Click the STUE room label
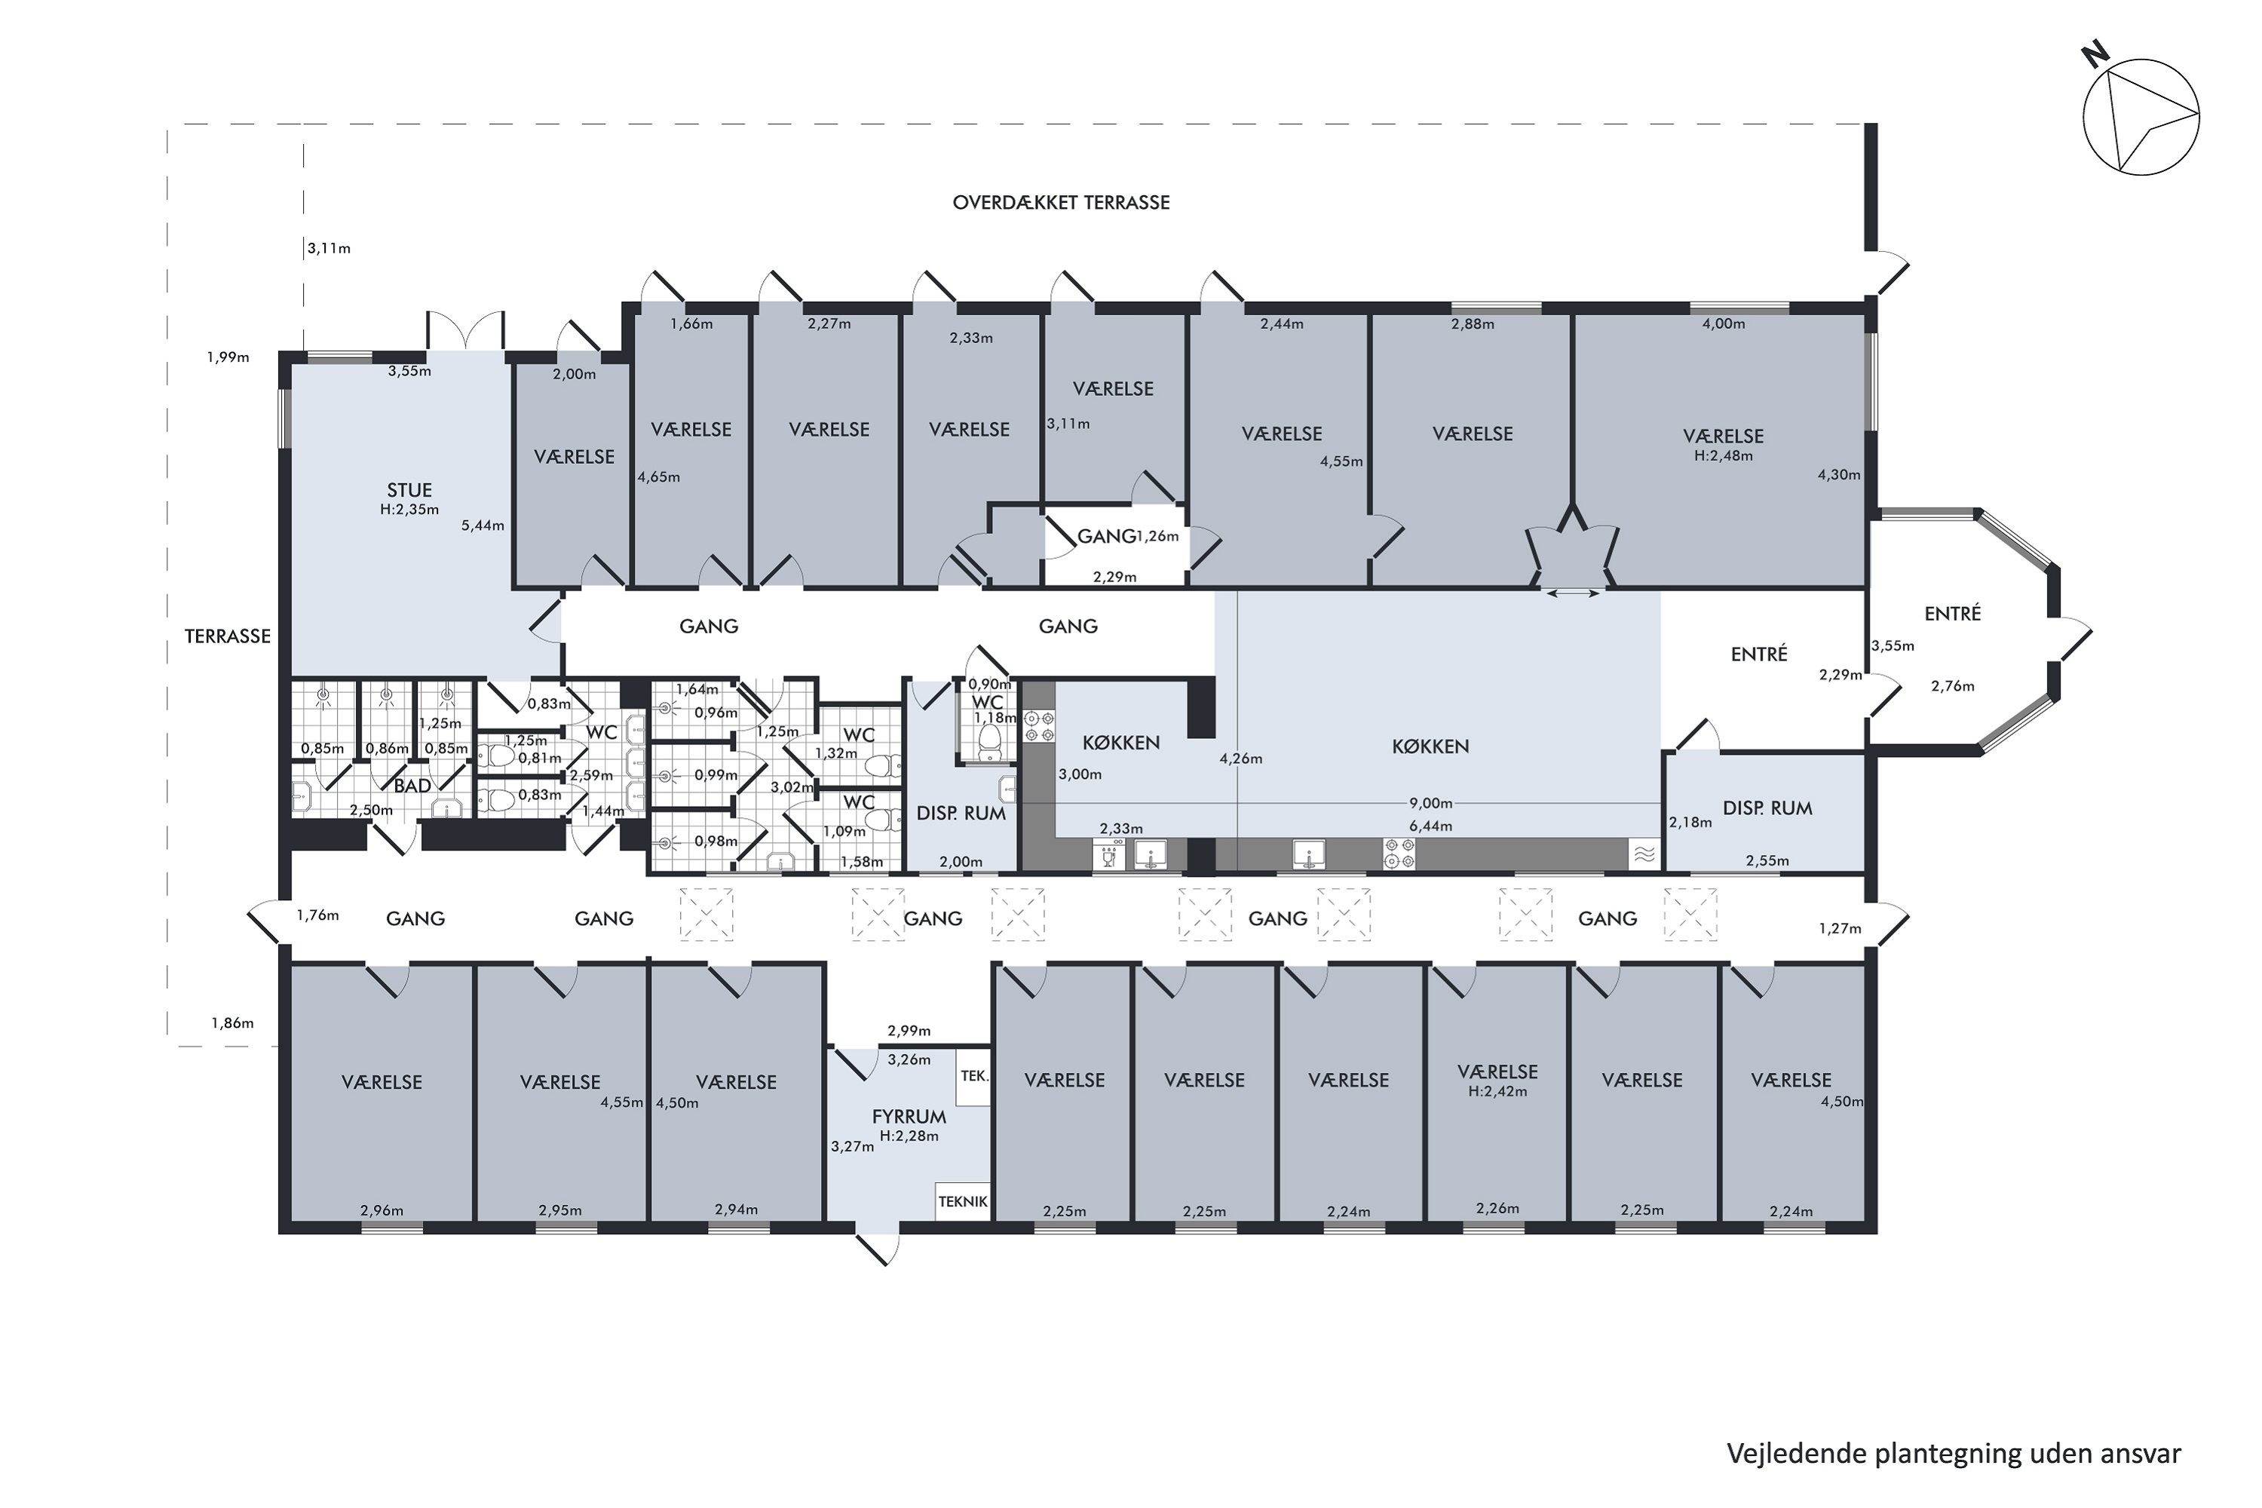409,491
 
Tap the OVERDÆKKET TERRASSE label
1061,203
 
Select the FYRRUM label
909,1117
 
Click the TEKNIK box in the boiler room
963,1202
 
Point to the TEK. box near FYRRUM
974,1076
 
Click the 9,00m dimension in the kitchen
1431,803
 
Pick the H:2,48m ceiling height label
1724,456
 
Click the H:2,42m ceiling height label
1497,1092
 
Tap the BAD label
412,786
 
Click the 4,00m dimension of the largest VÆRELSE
1724,324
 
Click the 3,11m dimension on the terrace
329,249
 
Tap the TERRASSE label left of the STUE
228,636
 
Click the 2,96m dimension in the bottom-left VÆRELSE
382,1211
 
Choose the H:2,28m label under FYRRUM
909,1136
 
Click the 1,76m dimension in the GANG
317,915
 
